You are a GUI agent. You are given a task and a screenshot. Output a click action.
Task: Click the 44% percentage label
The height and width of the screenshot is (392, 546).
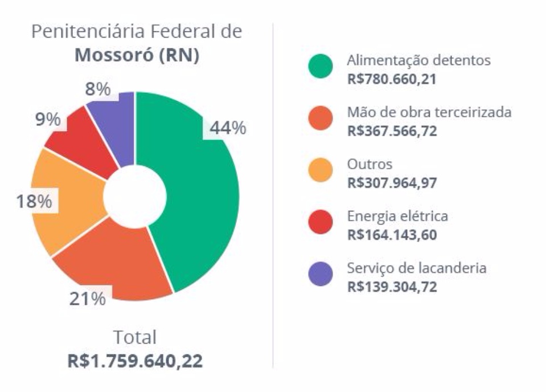pyautogui.click(x=228, y=129)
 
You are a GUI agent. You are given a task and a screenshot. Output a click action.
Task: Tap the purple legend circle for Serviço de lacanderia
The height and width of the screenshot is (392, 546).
pyautogui.click(x=321, y=274)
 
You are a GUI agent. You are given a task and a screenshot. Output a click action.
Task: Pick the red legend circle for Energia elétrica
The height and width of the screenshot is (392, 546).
pyautogui.click(x=321, y=222)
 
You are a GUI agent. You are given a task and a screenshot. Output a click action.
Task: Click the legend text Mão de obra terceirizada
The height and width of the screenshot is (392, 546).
pyautogui.click(x=429, y=112)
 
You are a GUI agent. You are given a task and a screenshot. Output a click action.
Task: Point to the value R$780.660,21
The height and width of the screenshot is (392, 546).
pyautogui.click(x=391, y=79)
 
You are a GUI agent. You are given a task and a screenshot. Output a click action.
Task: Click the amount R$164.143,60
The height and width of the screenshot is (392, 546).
pyautogui.click(x=392, y=235)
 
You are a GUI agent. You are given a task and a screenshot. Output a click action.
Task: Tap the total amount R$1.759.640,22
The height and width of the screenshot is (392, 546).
pyautogui.click(x=135, y=361)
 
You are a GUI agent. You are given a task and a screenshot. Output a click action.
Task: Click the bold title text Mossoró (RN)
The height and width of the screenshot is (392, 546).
pyautogui.click(x=137, y=56)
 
